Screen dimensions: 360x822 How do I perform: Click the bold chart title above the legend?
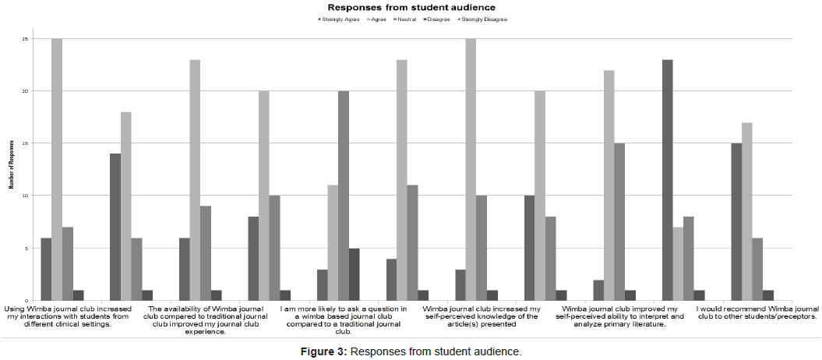pyautogui.click(x=411, y=7)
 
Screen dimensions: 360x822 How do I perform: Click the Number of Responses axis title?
pyautogui.click(x=10, y=169)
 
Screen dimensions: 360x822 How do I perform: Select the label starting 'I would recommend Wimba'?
pyautogui.click(x=757, y=313)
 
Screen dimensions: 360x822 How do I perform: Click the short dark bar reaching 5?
pyautogui.click(x=354, y=274)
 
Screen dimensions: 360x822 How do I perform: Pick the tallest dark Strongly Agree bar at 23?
pyautogui.click(x=668, y=180)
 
